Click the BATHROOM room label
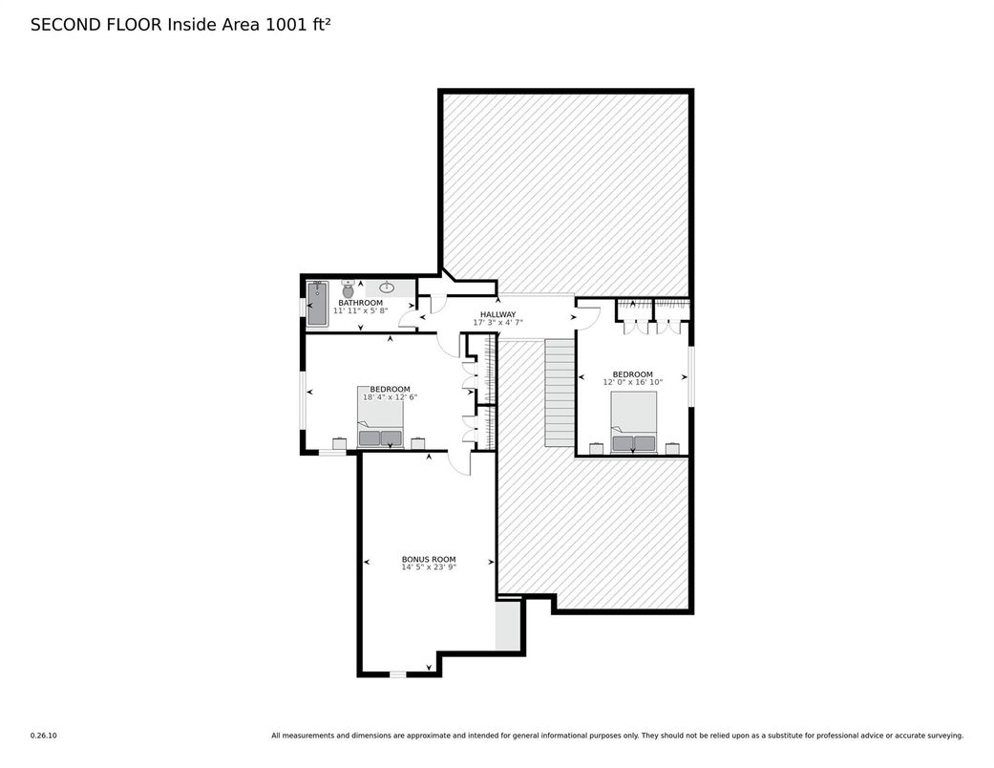(x=360, y=303)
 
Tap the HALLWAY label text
(x=497, y=314)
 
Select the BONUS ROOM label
(x=429, y=560)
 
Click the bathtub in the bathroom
(x=317, y=304)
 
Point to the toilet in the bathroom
(x=348, y=288)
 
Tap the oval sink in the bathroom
(x=388, y=288)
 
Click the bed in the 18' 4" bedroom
(x=380, y=416)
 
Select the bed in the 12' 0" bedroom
(x=633, y=422)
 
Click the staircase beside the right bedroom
(x=560, y=393)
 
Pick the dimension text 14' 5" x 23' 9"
(x=429, y=567)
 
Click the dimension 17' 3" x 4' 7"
(x=497, y=323)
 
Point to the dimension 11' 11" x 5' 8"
(x=360, y=310)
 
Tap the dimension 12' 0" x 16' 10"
(x=633, y=382)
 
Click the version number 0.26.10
(x=44, y=736)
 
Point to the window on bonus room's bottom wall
(x=397, y=674)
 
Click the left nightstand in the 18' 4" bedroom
(x=340, y=443)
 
